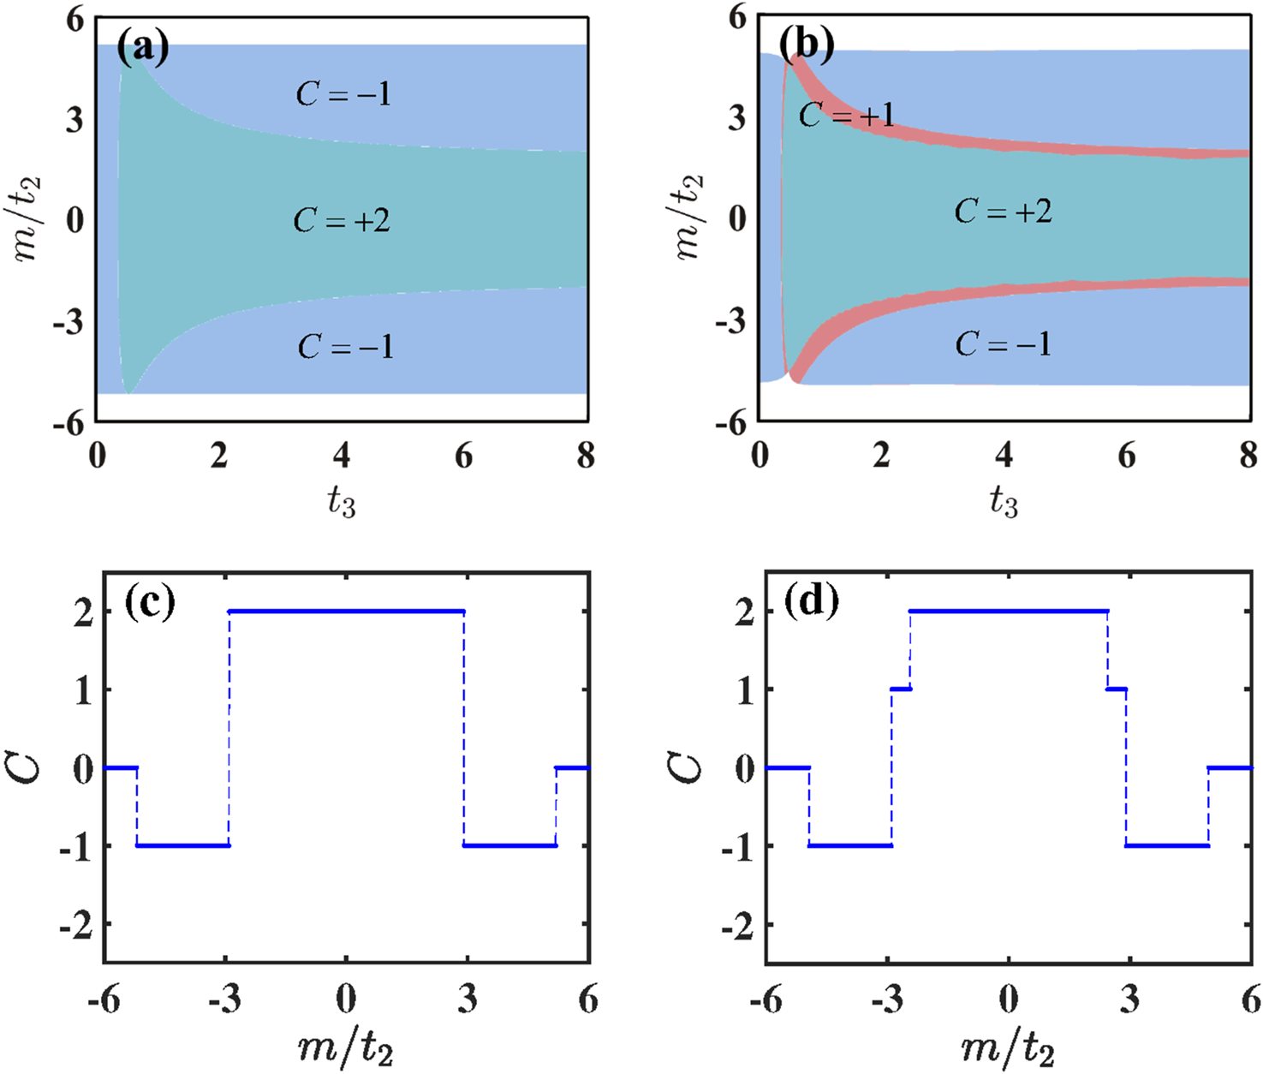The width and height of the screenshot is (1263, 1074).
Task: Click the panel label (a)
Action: (142, 49)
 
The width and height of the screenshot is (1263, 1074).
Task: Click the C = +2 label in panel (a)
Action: (342, 221)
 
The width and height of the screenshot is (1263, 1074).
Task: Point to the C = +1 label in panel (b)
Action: (846, 115)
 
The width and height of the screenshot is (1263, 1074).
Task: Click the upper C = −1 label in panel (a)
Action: (343, 94)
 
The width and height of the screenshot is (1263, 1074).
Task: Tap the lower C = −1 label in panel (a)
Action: (345, 347)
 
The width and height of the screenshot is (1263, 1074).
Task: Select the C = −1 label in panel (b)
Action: (1003, 344)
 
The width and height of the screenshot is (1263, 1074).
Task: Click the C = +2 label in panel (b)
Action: (1003, 211)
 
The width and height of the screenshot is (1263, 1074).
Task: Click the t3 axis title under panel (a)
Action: (341, 502)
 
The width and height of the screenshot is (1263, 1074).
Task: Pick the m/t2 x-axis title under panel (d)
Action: (1008, 1048)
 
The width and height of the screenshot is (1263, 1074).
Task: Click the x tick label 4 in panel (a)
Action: (342, 456)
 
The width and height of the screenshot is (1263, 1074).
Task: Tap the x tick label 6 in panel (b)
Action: (1127, 456)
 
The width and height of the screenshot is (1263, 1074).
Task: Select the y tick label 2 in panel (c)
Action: (83, 613)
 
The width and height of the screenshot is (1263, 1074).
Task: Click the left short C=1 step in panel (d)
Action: (901, 689)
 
